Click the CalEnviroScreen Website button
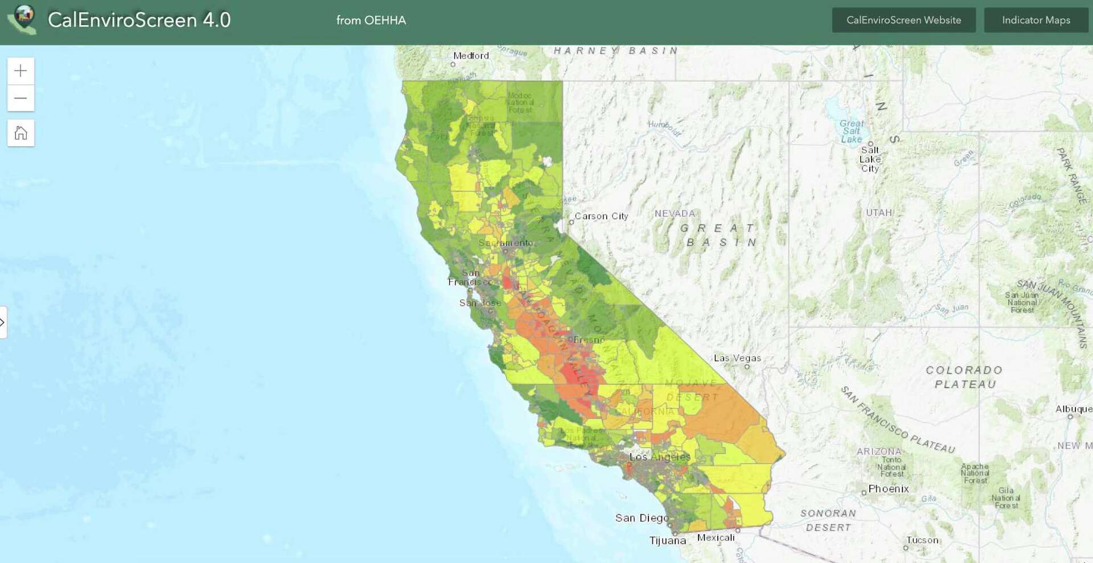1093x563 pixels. [x=903, y=20]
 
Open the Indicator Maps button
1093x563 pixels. [x=1036, y=20]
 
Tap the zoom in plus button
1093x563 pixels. [x=20, y=71]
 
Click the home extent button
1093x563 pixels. [x=20, y=133]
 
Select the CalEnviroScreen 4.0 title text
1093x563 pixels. [x=139, y=20]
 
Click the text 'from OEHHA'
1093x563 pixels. [x=371, y=20]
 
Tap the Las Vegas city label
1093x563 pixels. [x=737, y=358]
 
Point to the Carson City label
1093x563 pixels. [x=601, y=216]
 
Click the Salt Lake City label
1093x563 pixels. [x=870, y=159]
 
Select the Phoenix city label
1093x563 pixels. [x=889, y=489]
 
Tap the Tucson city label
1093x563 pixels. [x=922, y=540]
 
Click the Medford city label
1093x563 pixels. [x=471, y=56]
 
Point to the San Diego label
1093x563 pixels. [x=642, y=518]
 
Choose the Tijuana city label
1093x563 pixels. [x=667, y=540]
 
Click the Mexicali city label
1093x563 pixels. [x=716, y=537]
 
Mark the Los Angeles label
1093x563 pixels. [x=660, y=457]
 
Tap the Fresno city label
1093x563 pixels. [x=589, y=340]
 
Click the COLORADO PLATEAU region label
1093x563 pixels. [x=964, y=377]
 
